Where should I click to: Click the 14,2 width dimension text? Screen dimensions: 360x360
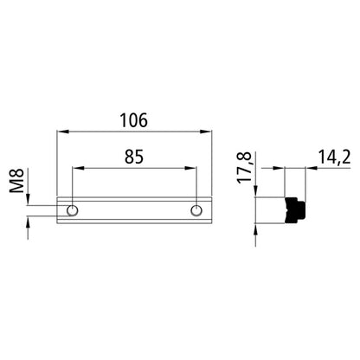332,158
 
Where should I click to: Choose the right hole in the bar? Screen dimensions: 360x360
197,209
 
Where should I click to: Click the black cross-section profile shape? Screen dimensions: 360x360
296,209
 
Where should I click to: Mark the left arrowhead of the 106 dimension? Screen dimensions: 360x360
61,132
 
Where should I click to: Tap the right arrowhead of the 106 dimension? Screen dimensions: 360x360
210,132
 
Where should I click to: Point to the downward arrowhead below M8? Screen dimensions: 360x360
29,200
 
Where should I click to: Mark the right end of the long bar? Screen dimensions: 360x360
211,209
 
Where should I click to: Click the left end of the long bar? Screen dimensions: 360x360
58,209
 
